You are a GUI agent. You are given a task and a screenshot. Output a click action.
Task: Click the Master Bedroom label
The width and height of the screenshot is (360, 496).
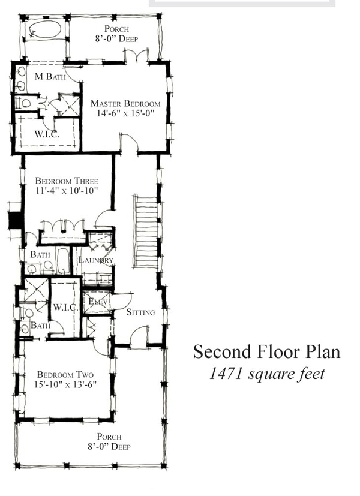pos(125,103)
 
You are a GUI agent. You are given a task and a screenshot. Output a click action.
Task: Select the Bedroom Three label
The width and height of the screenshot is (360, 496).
pos(66,181)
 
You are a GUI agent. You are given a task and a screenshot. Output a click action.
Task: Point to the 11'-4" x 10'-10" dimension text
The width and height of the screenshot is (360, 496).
pos(66,190)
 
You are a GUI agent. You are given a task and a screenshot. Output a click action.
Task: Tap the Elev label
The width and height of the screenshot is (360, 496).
pos(97,301)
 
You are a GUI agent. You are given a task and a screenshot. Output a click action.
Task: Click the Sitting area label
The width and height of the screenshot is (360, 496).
pos(141,312)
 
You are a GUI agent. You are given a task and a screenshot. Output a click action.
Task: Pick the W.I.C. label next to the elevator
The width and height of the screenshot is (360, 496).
pos(65,308)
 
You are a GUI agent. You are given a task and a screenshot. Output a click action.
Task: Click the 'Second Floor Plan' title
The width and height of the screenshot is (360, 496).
pos(266,352)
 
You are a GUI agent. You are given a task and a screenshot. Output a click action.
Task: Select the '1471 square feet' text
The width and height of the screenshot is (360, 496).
pos(267,374)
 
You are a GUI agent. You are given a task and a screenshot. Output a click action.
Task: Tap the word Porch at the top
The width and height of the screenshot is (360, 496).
pos(116,29)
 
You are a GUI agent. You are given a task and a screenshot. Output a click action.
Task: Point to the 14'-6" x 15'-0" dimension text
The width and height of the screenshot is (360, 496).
pos(125,113)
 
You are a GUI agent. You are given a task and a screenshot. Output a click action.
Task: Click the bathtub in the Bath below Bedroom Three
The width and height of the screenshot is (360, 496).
pos(62,261)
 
